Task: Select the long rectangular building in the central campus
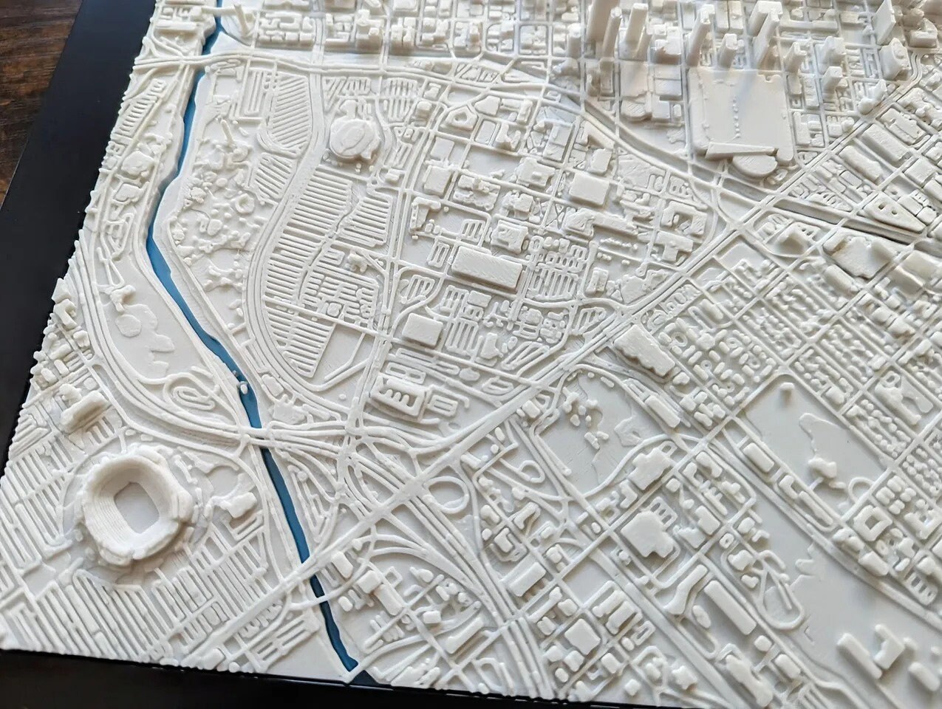pyautogui.click(x=486, y=267)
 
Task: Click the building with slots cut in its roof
pyautogui.click(x=402, y=394)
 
